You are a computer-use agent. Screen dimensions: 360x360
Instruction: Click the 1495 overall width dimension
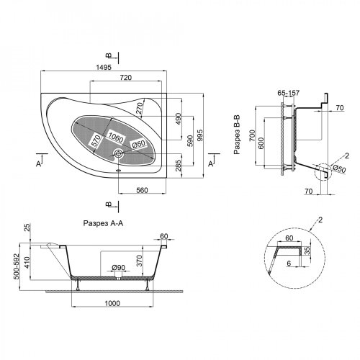(104, 67)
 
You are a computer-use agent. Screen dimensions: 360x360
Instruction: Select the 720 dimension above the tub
(126, 78)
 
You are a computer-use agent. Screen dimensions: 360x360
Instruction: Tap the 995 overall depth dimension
(200, 135)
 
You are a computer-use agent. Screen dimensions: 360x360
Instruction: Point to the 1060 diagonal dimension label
(115, 138)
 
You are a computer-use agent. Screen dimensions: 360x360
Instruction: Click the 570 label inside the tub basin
(96, 141)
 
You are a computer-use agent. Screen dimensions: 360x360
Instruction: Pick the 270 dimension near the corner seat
(139, 107)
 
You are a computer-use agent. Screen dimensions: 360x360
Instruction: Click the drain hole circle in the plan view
(119, 153)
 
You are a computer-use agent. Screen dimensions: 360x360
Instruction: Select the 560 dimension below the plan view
(142, 190)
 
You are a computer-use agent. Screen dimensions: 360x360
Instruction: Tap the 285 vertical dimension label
(178, 166)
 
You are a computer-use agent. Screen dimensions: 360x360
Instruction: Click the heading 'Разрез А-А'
(103, 223)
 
